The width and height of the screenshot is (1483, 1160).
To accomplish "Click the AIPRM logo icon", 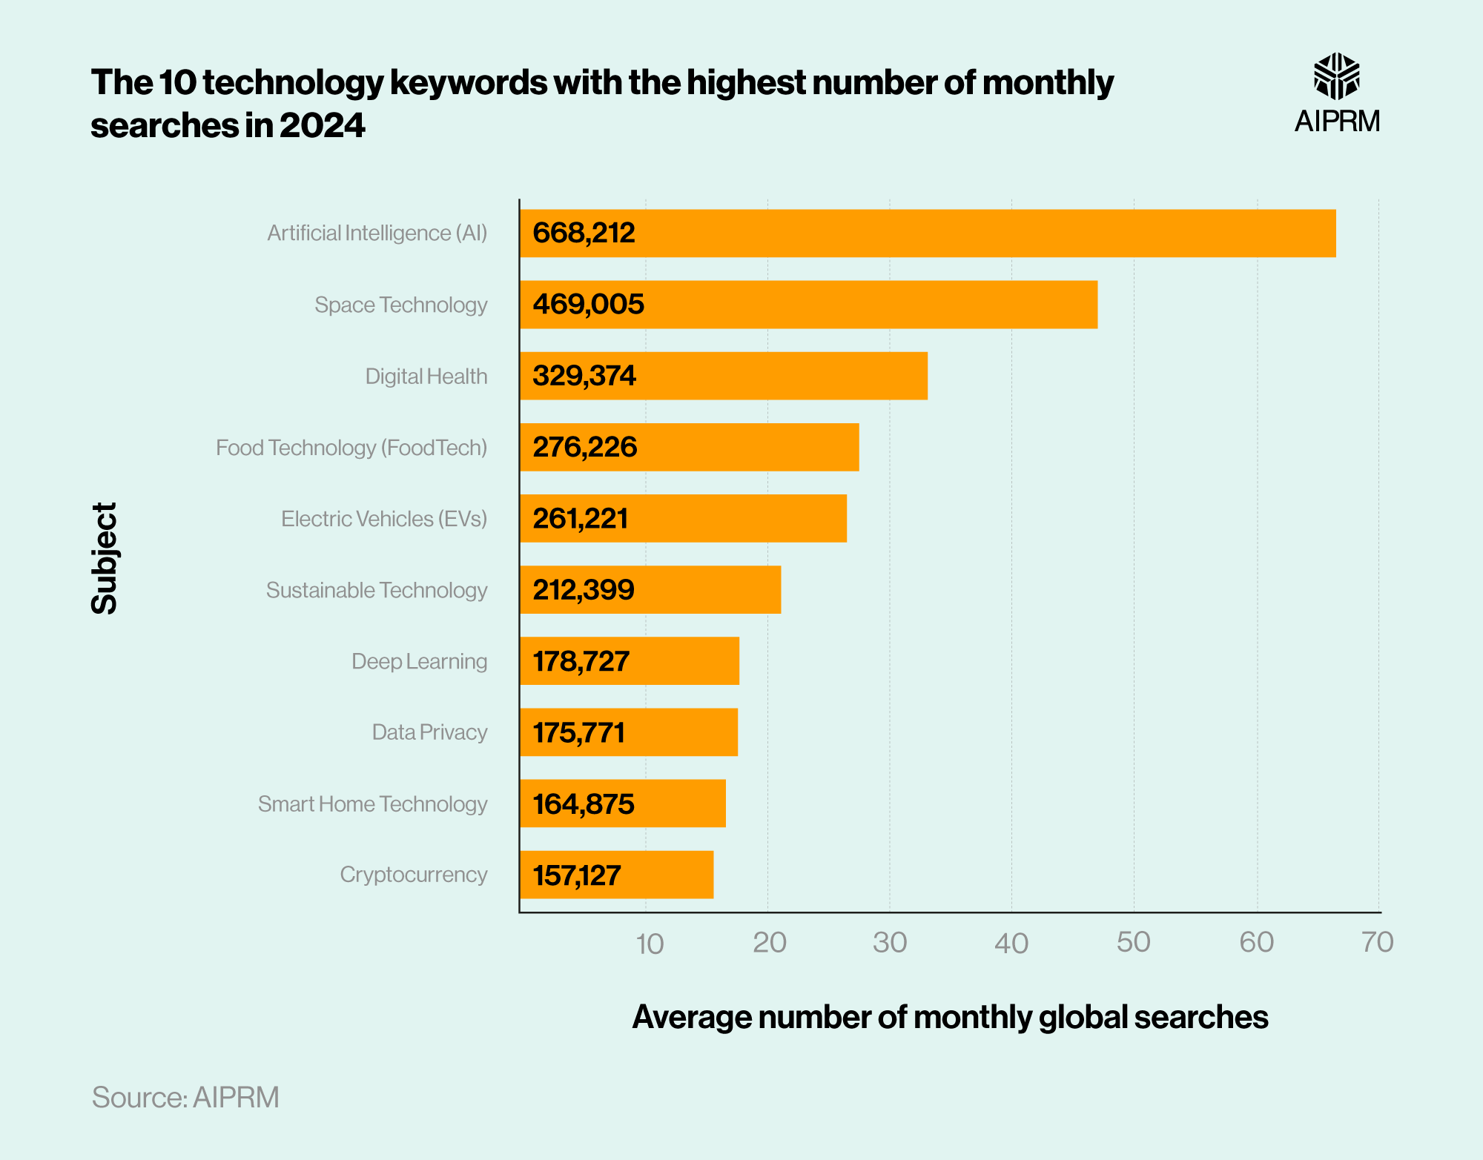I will [x=1336, y=76].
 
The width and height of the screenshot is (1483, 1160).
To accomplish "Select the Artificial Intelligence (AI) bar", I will [x=927, y=233].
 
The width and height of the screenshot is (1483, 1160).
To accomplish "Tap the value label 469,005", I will [x=588, y=305].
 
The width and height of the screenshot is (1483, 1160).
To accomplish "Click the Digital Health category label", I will [x=426, y=377].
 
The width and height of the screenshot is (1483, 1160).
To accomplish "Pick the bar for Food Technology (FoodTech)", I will [x=690, y=447].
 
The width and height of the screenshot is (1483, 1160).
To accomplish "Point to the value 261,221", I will [x=580, y=518].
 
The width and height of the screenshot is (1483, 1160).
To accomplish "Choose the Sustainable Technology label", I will [x=376, y=590].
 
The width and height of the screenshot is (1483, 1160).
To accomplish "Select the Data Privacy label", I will [x=429, y=732].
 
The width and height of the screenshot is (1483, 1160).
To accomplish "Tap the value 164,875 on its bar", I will [x=583, y=803].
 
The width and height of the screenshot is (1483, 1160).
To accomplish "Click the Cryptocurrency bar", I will [x=616, y=875].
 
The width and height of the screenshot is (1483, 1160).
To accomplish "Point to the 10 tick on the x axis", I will [x=650, y=944].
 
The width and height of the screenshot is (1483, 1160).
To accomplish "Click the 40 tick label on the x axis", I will [x=1011, y=944].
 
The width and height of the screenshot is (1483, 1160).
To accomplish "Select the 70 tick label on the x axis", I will [x=1377, y=942].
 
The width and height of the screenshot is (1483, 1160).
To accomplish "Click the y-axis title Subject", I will [x=105, y=558].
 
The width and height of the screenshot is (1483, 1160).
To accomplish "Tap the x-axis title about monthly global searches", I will [x=949, y=1017].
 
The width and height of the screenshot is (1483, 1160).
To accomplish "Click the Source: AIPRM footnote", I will [x=185, y=1097].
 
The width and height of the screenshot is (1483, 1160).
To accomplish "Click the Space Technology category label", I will [x=400, y=305].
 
